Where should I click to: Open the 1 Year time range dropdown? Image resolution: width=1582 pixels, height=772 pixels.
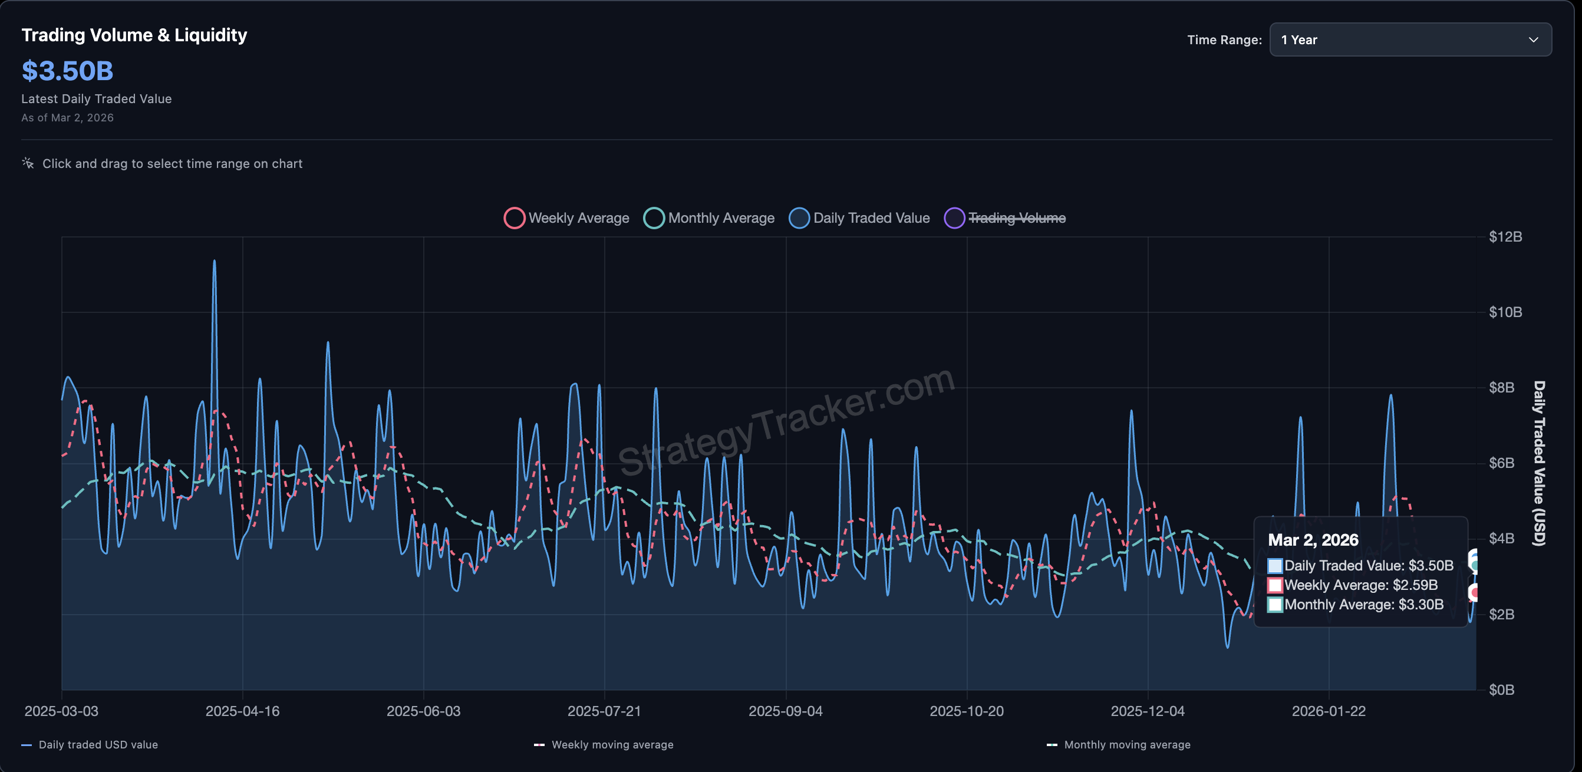[x=1409, y=40]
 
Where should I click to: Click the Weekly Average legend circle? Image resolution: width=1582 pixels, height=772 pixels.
[x=514, y=218]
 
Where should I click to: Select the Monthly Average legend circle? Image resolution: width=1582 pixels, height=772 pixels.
[x=654, y=218]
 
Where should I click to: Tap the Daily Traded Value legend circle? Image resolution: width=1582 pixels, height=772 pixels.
[x=799, y=218]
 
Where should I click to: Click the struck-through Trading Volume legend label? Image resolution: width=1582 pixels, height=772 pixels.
[x=1016, y=218]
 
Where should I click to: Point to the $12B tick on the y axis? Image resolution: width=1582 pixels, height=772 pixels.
[x=1505, y=237]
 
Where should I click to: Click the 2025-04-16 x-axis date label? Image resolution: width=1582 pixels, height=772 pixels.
[x=242, y=711]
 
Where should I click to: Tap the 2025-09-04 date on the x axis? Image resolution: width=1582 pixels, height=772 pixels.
[x=786, y=711]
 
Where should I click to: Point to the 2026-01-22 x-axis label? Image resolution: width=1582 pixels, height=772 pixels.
[x=1329, y=711]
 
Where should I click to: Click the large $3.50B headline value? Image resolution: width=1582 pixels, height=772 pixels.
[x=68, y=71]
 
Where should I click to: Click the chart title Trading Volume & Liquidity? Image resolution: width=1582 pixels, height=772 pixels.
[x=134, y=35]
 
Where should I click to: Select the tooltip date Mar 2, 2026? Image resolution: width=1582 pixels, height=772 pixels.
[x=1313, y=540]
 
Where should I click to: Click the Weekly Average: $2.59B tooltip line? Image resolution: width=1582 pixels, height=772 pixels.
[x=1360, y=585]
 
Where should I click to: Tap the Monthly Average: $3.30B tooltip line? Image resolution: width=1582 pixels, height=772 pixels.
[x=1363, y=605]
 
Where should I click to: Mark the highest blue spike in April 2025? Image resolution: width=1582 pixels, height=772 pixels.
[x=215, y=262]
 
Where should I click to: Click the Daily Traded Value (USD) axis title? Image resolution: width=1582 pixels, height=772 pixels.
[x=1539, y=463]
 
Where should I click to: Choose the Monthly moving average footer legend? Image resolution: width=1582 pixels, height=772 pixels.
[x=1126, y=745]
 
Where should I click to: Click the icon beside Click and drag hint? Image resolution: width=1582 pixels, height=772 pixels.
[x=28, y=163]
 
